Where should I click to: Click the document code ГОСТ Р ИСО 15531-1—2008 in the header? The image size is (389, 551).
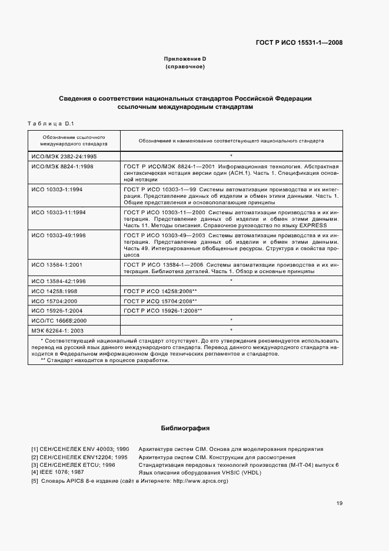coord(300,42)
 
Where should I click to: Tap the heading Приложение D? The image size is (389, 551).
coord(185,59)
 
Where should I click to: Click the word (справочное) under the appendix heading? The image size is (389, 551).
coord(185,67)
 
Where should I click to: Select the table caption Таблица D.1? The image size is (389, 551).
coord(49,123)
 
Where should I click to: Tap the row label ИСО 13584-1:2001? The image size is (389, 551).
coord(58,265)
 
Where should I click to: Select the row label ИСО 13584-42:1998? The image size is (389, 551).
coord(59,281)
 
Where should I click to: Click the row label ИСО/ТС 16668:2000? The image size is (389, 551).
coord(59,320)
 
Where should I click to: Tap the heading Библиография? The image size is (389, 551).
coord(185,428)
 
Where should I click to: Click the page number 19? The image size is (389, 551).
coord(340,503)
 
